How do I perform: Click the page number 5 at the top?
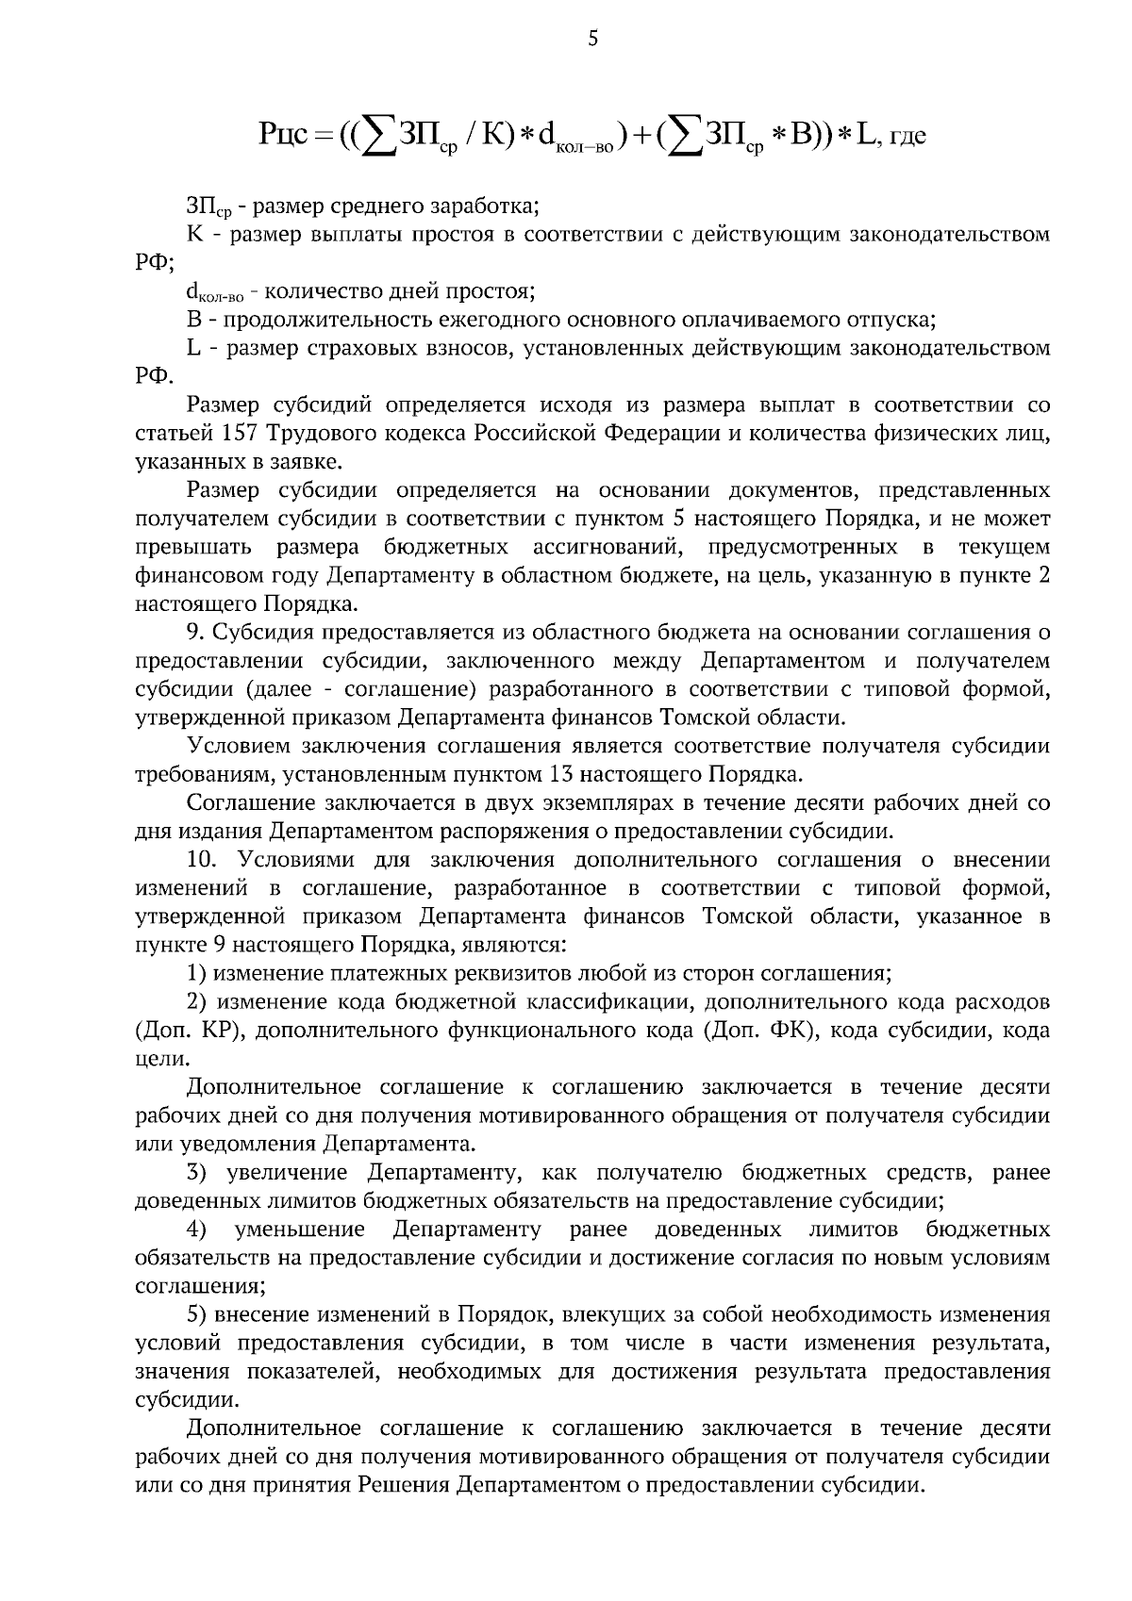pyautogui.click(x=592, y=39)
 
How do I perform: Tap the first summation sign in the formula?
pyautogui.click(x=377, y=135)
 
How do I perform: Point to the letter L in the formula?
pyautogui.click(x=866, y=134)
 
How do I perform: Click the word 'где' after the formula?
pyautogui.click(x=907, y=138)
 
